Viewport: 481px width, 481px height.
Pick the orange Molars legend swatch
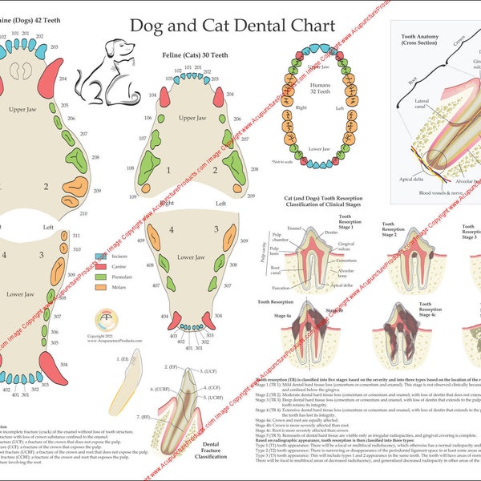[x=100, y=286]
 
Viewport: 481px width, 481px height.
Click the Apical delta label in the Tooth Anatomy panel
[x=411, y=180]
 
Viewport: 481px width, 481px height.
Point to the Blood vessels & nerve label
[x=436, y=192]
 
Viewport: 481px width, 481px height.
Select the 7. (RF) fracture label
[x=145, y=417]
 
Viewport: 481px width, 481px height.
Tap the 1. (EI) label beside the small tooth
[x=124, y=361]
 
